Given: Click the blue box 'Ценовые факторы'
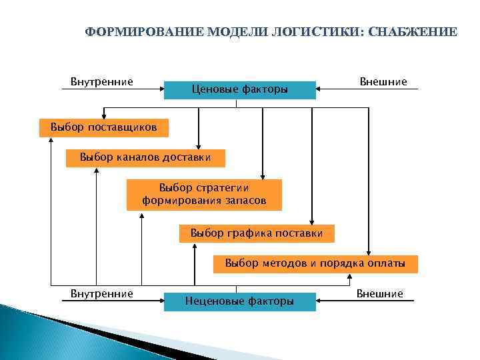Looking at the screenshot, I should tap(240, 89).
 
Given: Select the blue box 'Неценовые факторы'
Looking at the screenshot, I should tap(240, 302).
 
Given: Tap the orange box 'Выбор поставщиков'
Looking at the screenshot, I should tap(99, 127).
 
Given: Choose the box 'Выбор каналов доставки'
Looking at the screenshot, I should tap(145, 158).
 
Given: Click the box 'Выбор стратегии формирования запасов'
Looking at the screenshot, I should tap(204, 195).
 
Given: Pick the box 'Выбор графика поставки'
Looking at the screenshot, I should tap(257, 234).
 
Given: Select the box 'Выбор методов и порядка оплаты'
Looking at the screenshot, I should tap(315, 263).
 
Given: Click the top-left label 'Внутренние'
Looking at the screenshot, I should tap(102, 81).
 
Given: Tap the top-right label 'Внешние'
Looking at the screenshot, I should tap(383, 81).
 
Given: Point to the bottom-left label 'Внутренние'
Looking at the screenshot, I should tap(102, 294).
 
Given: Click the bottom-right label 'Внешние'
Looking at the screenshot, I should tap(380, 294).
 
